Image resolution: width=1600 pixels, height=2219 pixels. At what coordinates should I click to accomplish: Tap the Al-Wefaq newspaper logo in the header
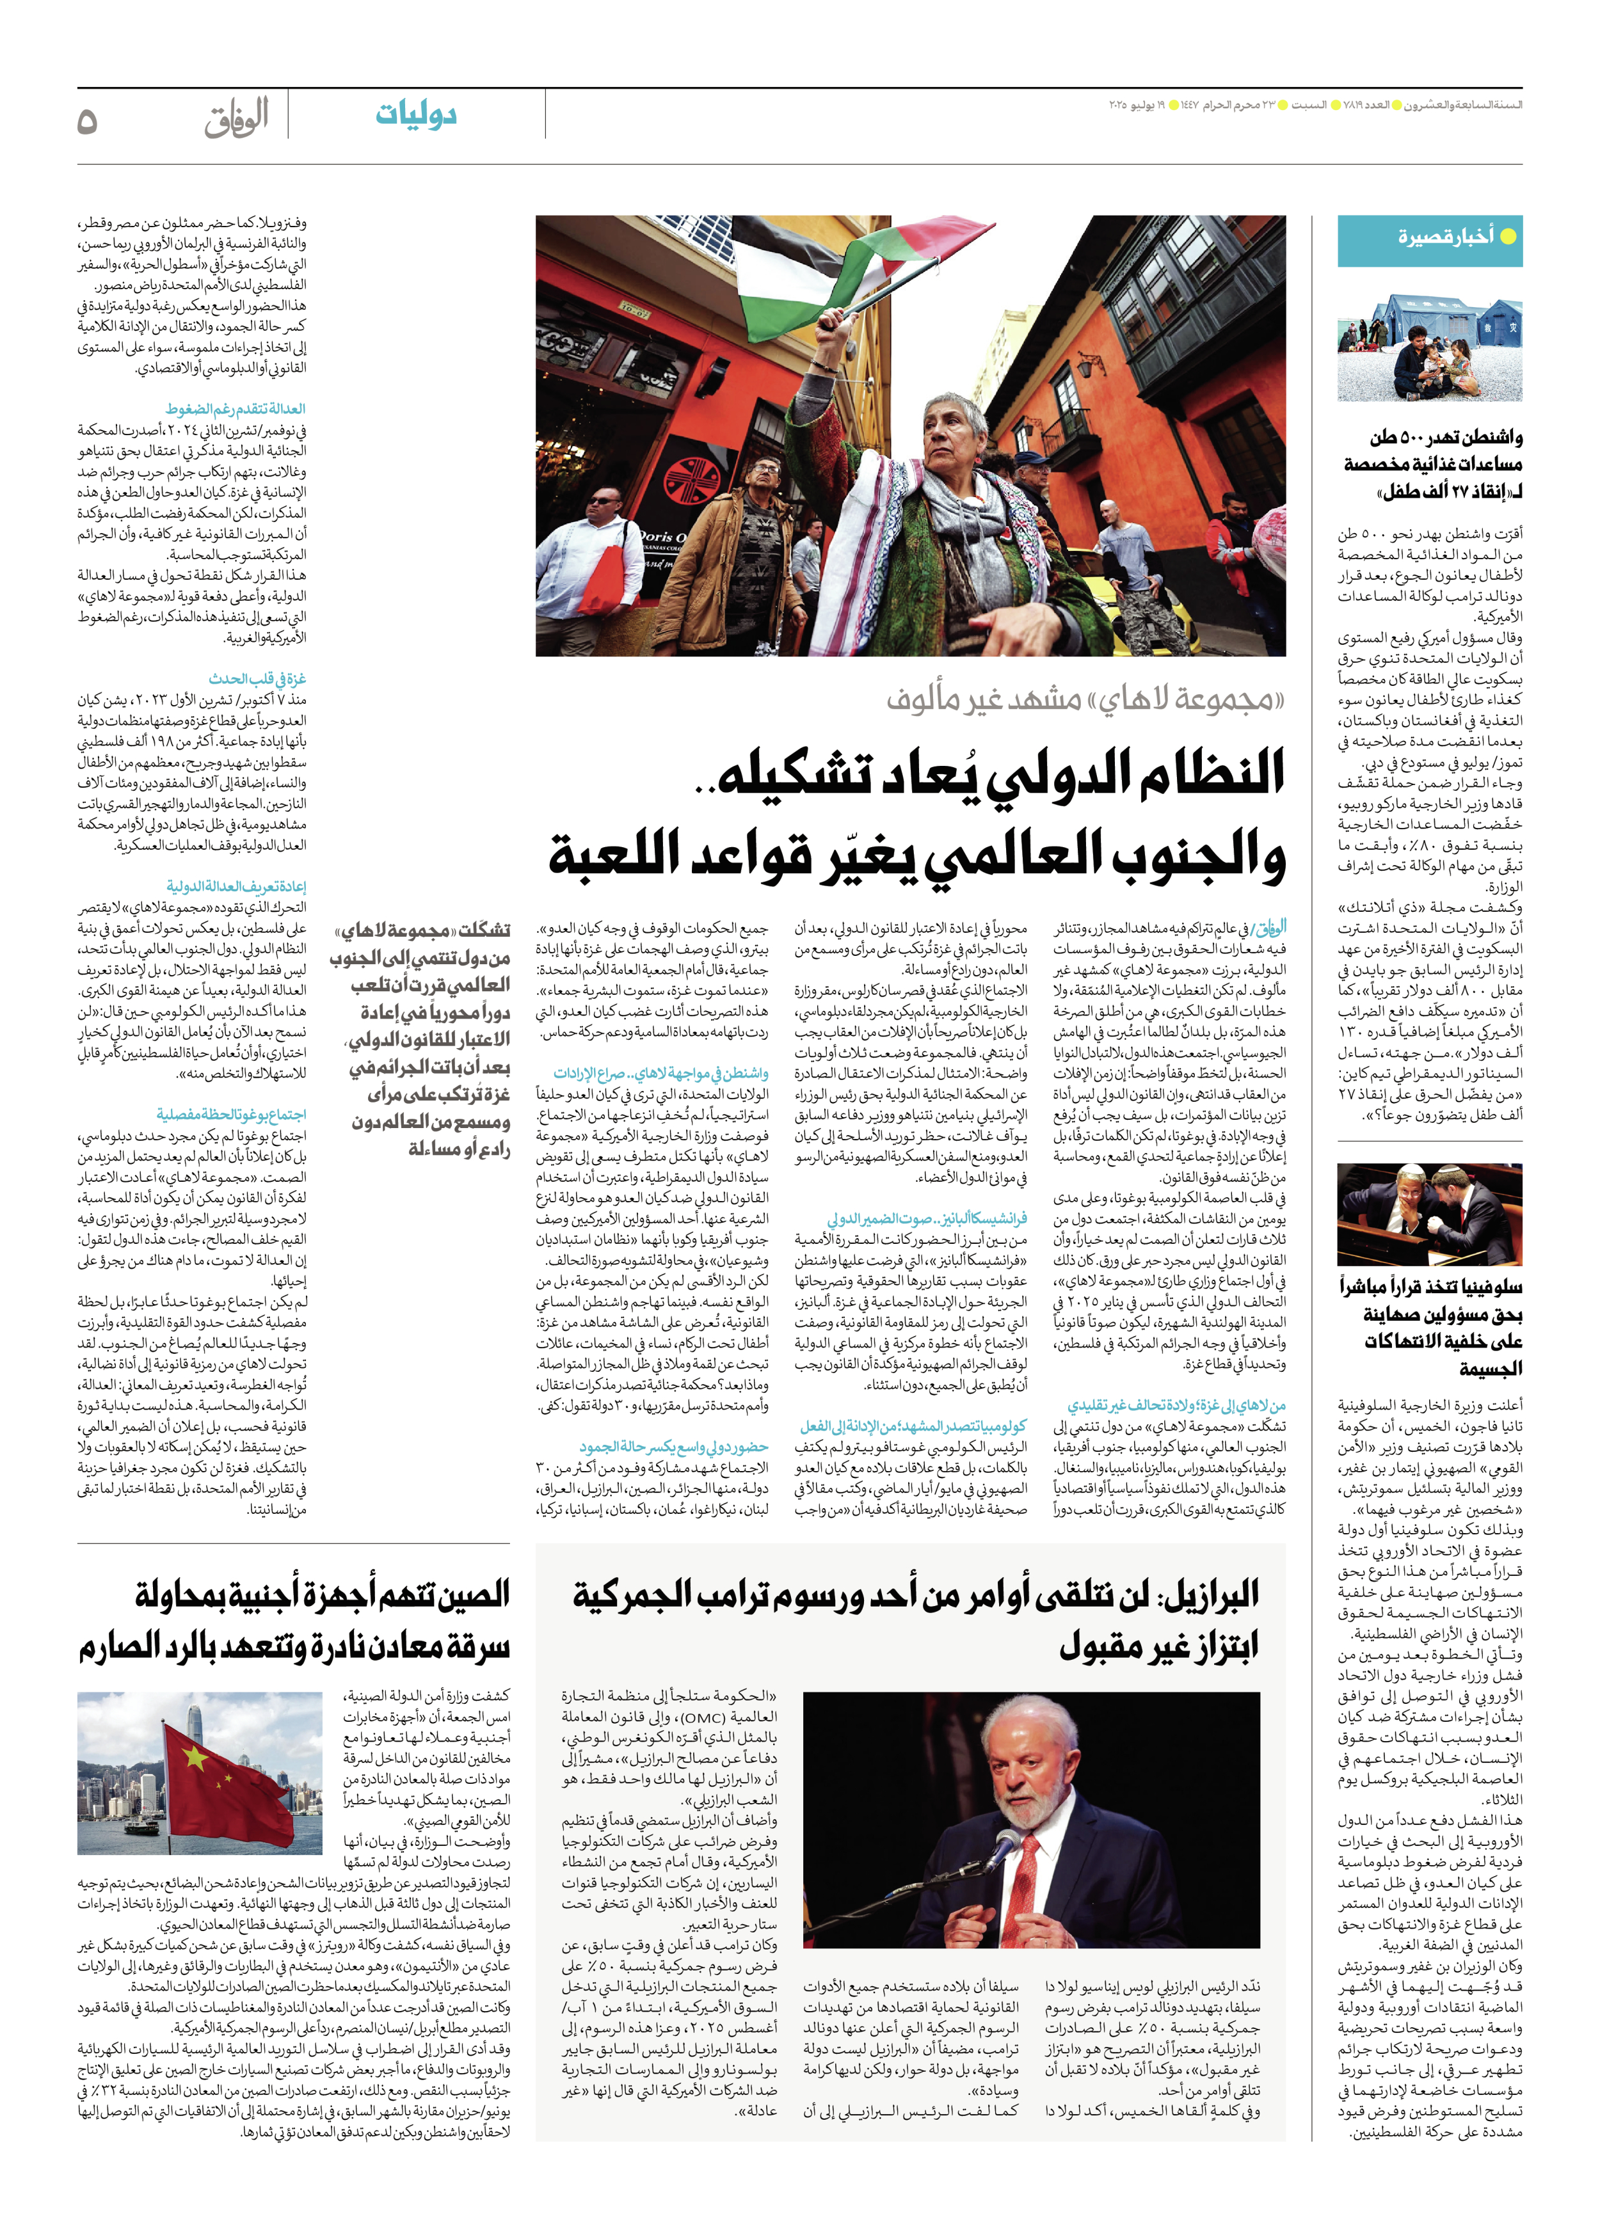click(236, 120)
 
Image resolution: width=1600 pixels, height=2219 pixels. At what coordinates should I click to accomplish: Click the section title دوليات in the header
click(416, 115)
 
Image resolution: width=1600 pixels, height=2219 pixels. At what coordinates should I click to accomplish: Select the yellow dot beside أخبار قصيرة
click(1508, 237)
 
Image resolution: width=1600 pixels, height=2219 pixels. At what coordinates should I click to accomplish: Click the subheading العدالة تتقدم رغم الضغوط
click(236, 408)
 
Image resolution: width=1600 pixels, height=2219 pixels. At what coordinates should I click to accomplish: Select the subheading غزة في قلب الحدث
click(257, 678)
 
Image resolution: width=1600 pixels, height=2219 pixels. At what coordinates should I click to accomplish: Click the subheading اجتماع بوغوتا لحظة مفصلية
click(231, 1113)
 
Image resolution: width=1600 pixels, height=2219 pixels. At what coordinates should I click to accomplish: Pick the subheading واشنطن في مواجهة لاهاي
click(662, 1073)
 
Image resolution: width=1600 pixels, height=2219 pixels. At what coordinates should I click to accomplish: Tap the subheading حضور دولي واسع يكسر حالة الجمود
click(673, 1446)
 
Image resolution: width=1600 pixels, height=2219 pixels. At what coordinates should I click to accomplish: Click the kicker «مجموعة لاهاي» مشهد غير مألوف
click(1085, 699)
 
